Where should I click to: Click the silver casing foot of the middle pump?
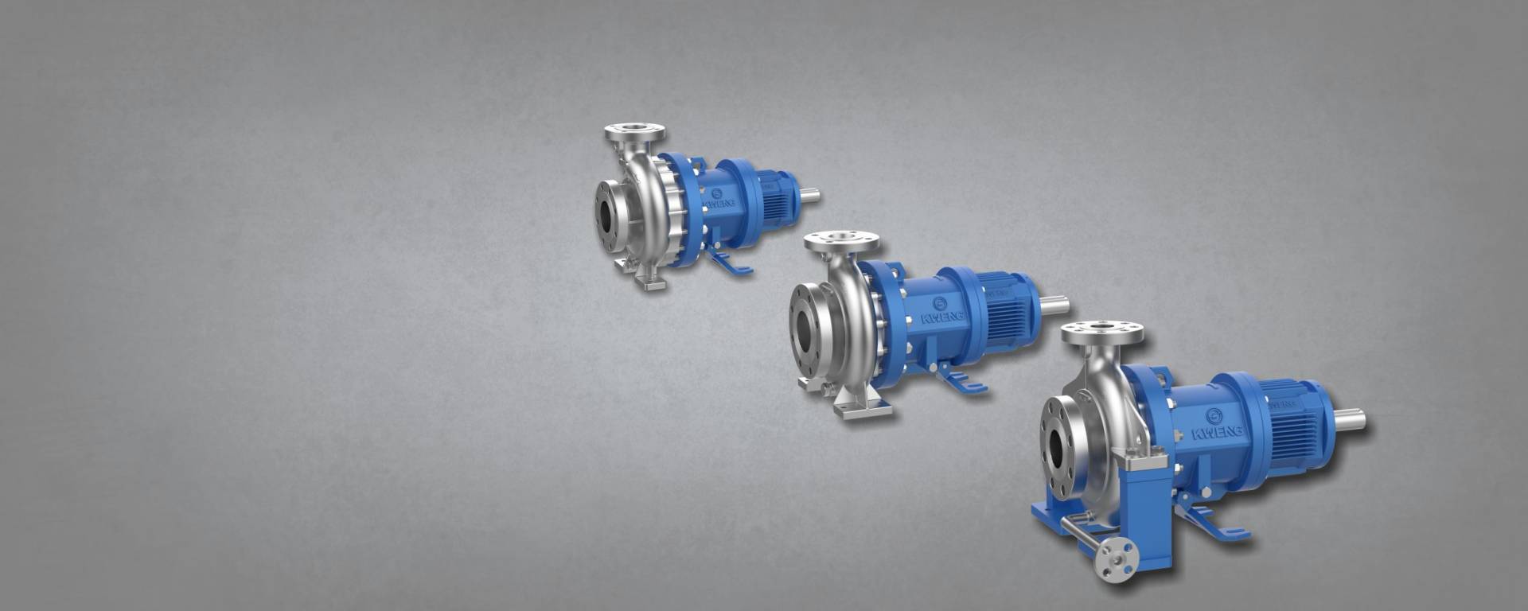[x=861, y=407]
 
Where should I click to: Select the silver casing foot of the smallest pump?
[x=651, y=278]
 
